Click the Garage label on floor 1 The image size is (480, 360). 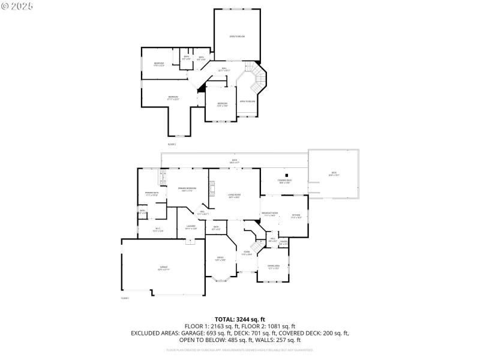coord(163,268)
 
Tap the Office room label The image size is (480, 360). coord(220,259)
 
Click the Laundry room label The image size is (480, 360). coord(191,227)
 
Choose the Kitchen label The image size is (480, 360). coord(296,216)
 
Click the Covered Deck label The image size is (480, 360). coord(284,181)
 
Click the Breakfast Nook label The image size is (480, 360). coord(269,214)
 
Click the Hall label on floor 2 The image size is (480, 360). coord(224,69)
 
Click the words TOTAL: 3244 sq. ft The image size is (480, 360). coord(240,319)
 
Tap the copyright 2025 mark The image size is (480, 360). coord(18,5)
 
